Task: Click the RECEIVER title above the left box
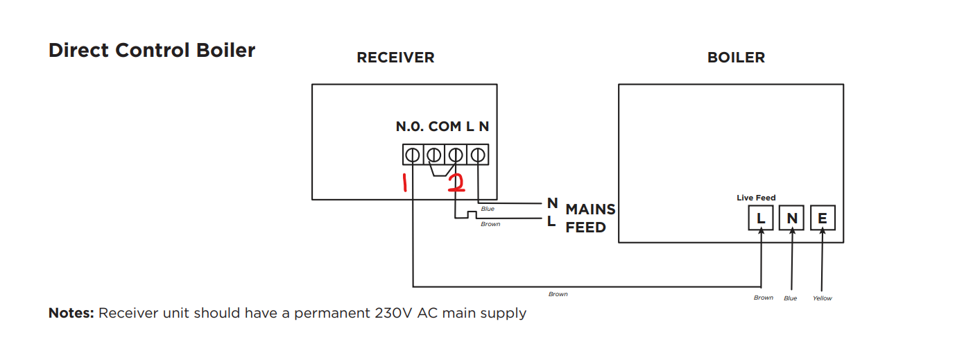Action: (395, 58)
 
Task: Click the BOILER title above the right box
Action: (736, 58)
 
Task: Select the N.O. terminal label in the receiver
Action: (410, 127)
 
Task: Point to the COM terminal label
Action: (445, 127)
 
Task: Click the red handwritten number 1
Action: (404, 183)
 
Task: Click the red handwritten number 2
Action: (456, 183)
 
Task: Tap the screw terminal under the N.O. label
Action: (413, 155)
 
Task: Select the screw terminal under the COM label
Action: (434, 155)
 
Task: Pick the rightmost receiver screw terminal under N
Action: (478, 155)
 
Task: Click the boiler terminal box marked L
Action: (761, 218)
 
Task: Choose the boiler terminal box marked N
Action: (791, 218)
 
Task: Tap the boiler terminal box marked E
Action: (823, 218)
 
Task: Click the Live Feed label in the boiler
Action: (756, 198)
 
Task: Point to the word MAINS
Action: (590, 209)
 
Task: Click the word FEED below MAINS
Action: (585, 228)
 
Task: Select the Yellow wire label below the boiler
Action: (822, 298)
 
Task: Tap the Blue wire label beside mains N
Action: (488, 209)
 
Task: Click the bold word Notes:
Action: (71, 313)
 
